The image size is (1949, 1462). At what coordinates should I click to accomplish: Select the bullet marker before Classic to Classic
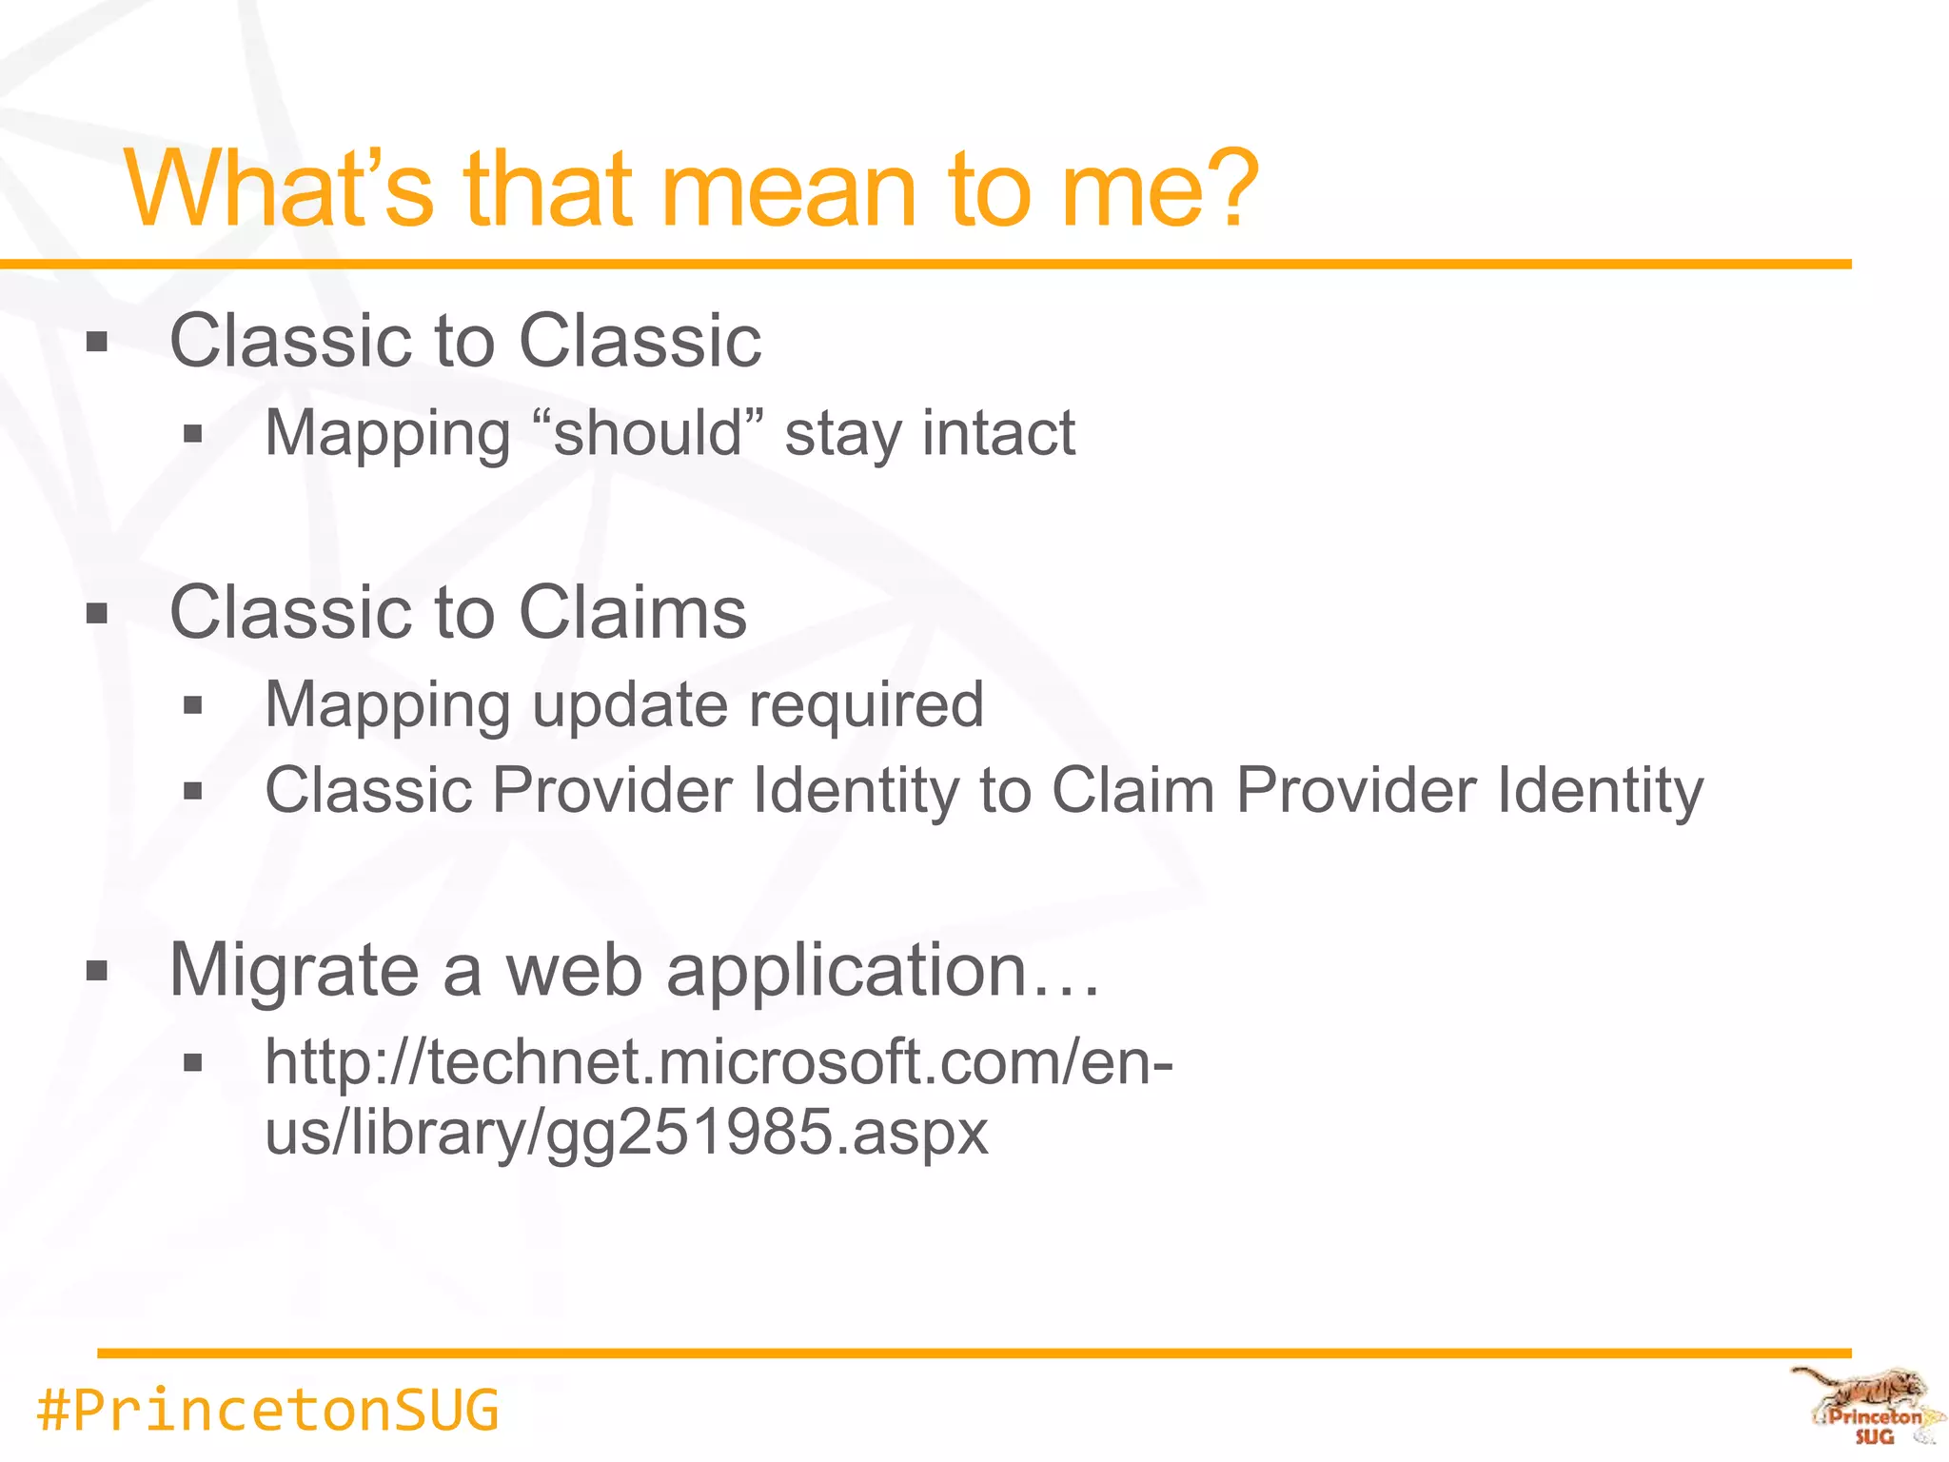(x=97, y=342)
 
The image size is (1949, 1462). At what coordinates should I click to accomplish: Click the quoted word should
(x=647, y=433)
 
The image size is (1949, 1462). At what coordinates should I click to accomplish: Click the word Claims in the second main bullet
(x=633, y=612)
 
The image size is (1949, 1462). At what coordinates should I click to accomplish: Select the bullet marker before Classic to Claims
(x=97, y=613)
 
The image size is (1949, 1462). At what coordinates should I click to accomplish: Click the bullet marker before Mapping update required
(x=193, y=706)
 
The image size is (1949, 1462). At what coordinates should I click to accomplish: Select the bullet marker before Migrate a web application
(x=97, y=971)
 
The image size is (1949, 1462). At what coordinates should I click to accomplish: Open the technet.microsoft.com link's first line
(x=719, y=1062)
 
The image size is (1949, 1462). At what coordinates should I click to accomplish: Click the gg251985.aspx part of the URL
(x=767, y=1133)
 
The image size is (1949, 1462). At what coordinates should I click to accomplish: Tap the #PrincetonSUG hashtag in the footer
(x=267, y=1410)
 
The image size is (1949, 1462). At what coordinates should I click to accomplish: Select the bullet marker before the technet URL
(x=193, y=1063)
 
